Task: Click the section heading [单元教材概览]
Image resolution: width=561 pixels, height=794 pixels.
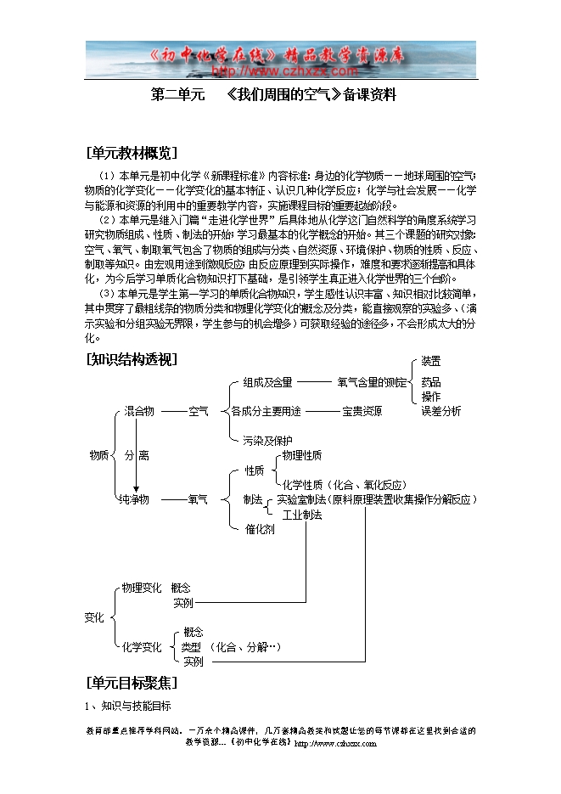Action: point(132,153)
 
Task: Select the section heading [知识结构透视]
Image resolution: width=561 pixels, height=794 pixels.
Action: point(132,359)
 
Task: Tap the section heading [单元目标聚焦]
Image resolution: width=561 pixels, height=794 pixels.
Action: point(132,682)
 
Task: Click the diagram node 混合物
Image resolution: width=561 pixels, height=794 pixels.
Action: point(139,411)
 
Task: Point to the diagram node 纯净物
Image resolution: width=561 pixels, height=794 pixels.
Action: point(134,499)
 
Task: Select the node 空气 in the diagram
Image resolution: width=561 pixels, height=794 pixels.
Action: point(199,411)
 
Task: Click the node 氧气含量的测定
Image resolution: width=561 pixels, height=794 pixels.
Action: point(372,383)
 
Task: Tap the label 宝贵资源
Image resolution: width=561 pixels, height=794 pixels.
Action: point(362,411)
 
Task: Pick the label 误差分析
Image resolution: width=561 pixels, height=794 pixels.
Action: point(441,411)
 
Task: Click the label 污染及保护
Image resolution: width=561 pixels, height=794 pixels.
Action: point(267,440)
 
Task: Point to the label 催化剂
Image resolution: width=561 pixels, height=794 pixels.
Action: point(260,529)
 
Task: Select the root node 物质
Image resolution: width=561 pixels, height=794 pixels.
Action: point(99,455)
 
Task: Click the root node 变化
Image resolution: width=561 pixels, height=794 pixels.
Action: point(94,617)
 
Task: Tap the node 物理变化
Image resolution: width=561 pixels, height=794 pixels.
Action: point(142,588)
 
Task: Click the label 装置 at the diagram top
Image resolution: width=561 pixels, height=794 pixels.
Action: point(431,361)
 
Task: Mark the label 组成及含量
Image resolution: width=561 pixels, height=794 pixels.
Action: point(267,383)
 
